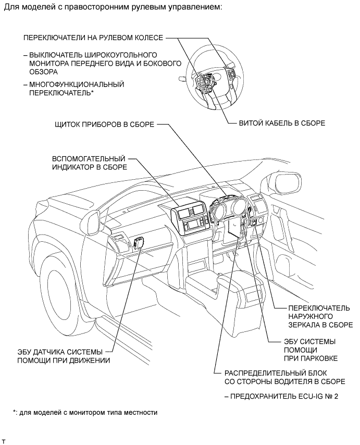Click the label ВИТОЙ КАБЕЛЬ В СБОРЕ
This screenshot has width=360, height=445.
coord(282,123)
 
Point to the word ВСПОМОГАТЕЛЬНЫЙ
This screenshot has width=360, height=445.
coord(89,158)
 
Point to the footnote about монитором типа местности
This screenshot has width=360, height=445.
coord(85,412)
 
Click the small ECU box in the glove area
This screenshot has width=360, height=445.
coord(139,242)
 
